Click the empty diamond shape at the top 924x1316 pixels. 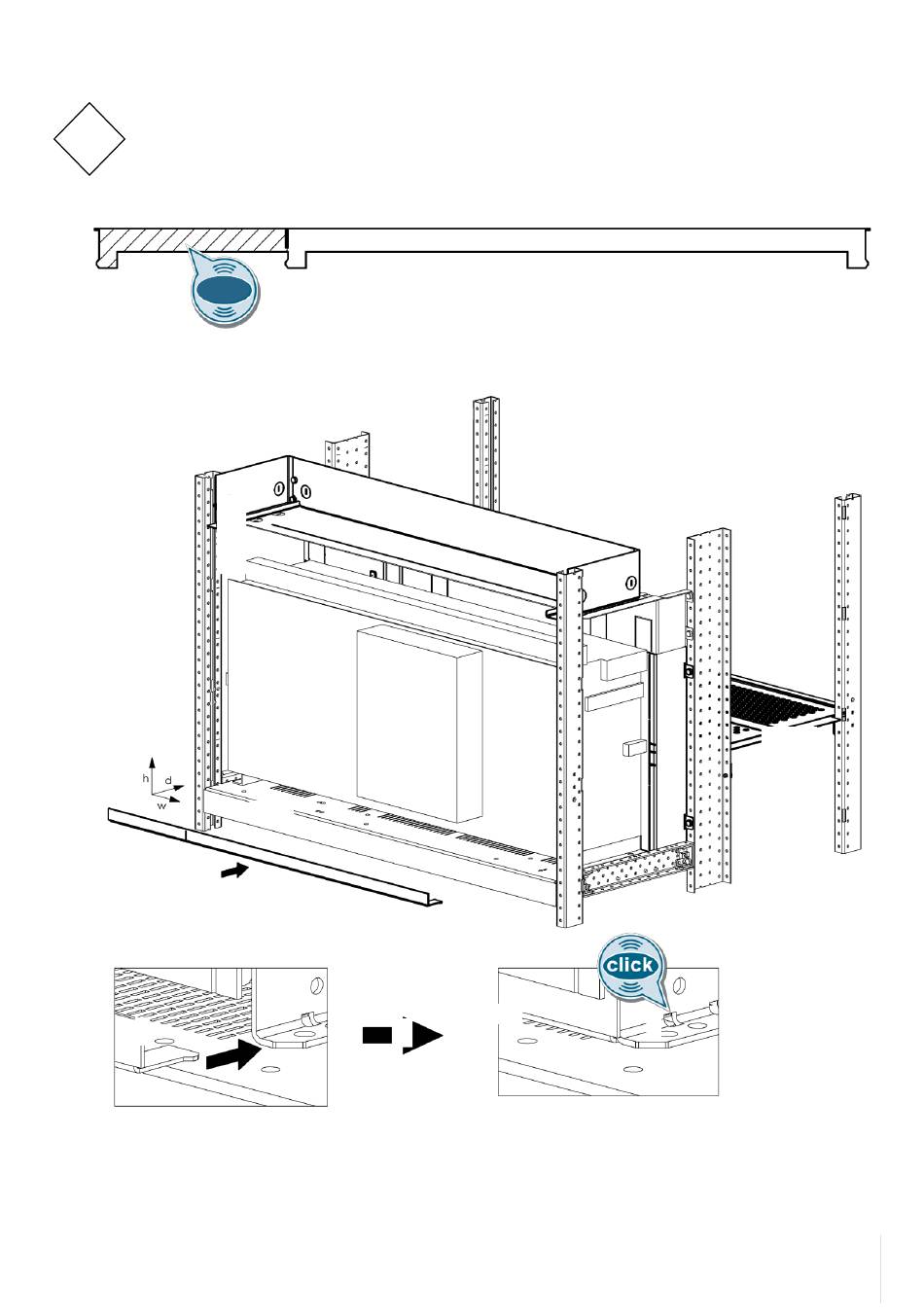click(x=89, y=139)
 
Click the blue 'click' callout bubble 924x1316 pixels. click(x=629, y=966)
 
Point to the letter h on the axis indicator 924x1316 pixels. click(x=146, y=779)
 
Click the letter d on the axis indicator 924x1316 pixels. click(x=168, y=780)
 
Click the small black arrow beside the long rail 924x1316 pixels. click(x=234, y=871)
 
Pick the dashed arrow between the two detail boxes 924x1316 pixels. click(x=403, y=1037)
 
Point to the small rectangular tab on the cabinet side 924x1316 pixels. click(x=632, y=748)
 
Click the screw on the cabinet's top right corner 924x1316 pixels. click(x=630, y=583)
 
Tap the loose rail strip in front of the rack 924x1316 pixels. click(x=272, y=852)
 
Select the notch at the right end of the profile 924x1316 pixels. click(x=857, y=260)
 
